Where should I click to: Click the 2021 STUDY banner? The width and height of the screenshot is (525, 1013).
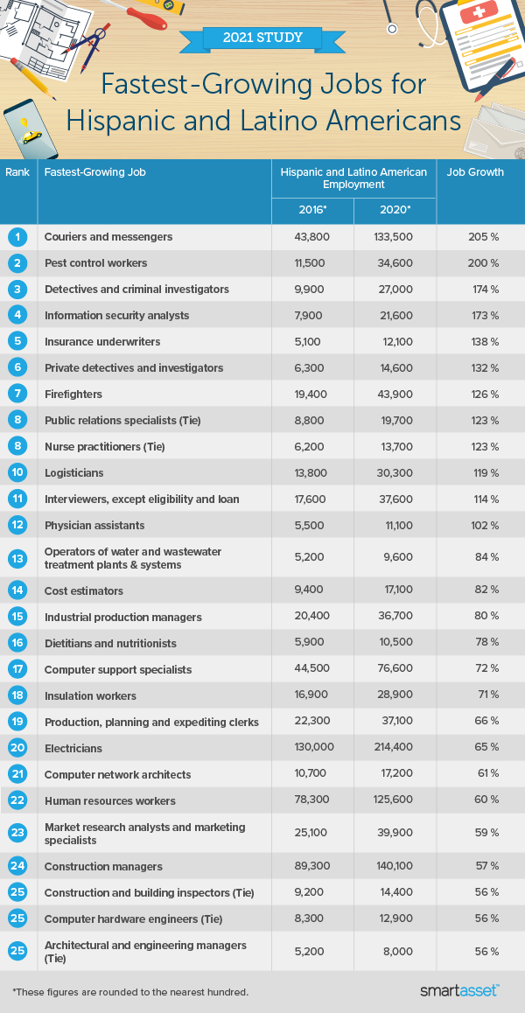coord(262,38)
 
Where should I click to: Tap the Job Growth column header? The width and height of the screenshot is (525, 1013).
coord(475,172)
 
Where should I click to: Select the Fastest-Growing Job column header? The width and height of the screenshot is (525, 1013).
coord(94,172)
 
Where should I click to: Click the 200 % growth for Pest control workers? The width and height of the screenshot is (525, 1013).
coord(482,263)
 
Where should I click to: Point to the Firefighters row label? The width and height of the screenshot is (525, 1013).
coord(73,395)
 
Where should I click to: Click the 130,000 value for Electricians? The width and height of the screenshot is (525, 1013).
coord(312,749)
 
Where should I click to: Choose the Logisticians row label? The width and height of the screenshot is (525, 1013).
coord(73,473)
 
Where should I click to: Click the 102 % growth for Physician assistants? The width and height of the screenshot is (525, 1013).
coord(482,526)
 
